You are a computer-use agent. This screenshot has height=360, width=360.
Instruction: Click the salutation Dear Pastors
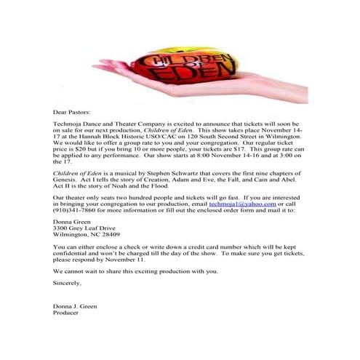[73, 113]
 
